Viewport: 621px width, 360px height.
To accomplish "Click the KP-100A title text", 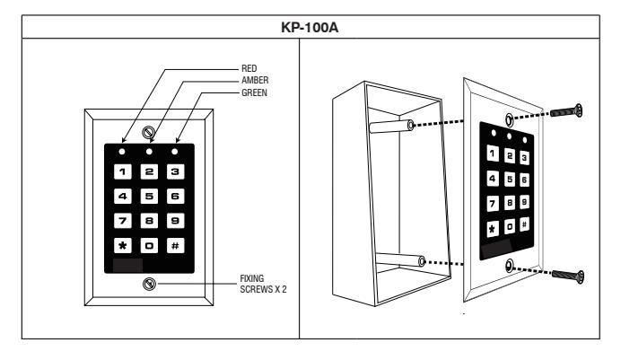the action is point(310,27).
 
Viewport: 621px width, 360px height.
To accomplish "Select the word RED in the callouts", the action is point(249,68).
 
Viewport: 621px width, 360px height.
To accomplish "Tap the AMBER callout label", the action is point(255,81).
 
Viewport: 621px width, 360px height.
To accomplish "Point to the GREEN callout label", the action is point(254,92).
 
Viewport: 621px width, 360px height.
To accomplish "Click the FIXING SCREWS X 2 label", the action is point(263,284).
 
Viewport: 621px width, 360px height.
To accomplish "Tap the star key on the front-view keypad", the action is point(123,246).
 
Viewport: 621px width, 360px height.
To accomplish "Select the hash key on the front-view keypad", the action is point(176,246).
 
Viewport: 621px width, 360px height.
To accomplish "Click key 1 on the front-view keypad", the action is point(123,171).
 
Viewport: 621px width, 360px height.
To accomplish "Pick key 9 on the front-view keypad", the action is point(176,221).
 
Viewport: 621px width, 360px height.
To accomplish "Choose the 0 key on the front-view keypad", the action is point(149,246).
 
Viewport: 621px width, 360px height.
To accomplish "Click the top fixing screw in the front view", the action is point(148,132).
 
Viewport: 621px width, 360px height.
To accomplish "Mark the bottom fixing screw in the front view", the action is point(149,284).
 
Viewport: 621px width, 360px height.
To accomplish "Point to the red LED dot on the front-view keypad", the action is point(122,152).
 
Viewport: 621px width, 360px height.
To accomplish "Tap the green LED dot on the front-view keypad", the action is point(175,152).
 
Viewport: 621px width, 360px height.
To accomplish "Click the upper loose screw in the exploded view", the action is point(566,111).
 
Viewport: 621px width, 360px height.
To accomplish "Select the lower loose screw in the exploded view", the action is point(567,276).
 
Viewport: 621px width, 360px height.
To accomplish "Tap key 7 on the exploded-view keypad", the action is point(493,204).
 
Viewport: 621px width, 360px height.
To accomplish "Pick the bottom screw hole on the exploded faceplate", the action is point(510,266).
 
